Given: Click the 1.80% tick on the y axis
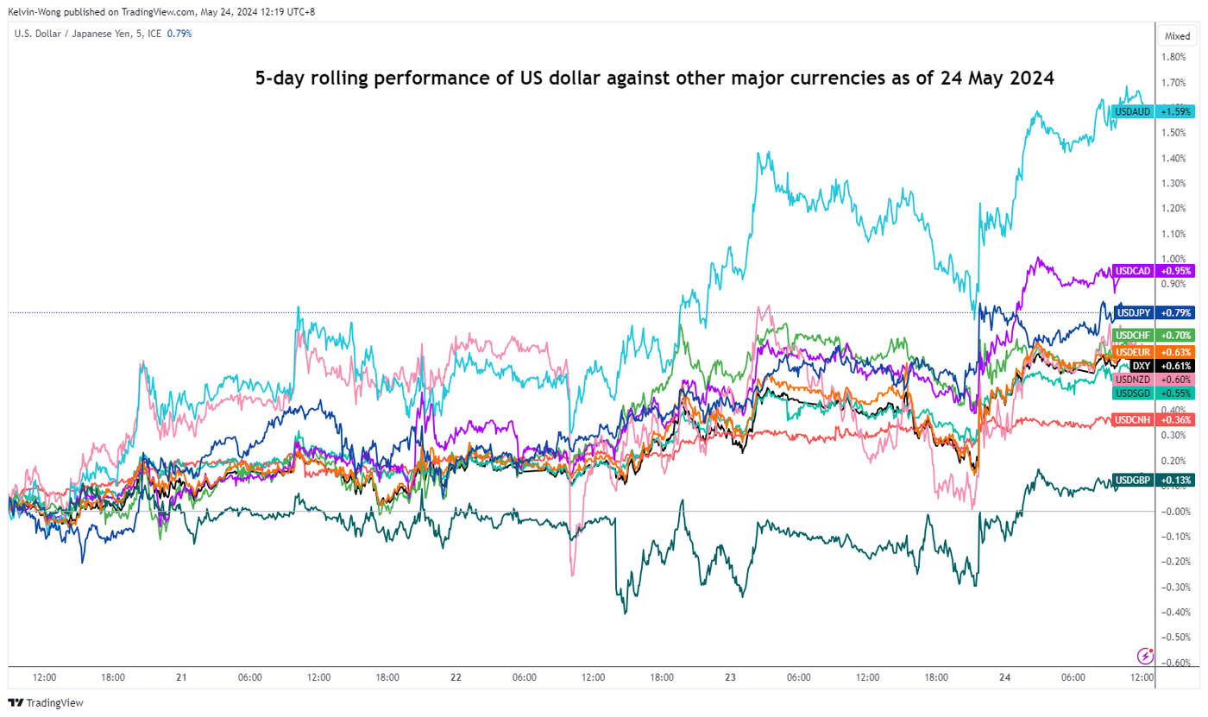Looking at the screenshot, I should click(1173, 58).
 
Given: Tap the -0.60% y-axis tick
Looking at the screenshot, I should click(1173, 663).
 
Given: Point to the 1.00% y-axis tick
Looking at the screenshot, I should click(1173, 259).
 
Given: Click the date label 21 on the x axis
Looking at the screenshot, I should click(181, 678).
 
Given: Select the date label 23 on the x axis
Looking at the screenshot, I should click(730, 678).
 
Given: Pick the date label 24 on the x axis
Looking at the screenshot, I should click(1004, 678).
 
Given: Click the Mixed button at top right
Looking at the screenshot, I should click(1177, 36).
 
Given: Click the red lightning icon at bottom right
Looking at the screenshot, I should click(1146, 655).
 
